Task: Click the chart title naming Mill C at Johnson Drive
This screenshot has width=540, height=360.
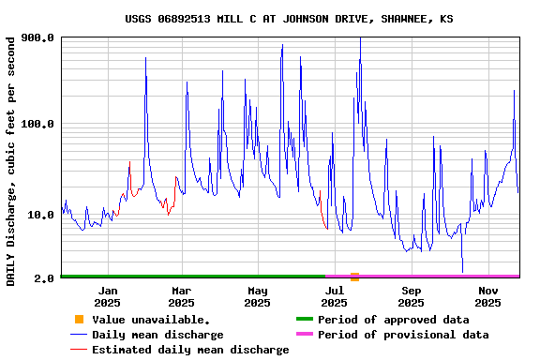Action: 289,19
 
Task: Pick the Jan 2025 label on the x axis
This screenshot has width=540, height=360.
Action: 107,296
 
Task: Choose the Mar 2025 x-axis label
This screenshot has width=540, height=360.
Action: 182,296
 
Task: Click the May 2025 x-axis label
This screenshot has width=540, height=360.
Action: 258,296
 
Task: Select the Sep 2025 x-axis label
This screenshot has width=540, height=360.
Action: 411,296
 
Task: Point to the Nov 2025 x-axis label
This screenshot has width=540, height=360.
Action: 487,296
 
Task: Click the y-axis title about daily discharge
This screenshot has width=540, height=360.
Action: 10,161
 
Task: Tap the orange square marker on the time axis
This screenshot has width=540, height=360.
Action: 354,277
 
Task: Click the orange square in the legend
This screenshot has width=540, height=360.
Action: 79,320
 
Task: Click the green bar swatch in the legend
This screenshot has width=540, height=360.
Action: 304,320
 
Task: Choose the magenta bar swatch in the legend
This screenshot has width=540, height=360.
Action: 304,335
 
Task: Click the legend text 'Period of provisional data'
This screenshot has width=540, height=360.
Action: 403,335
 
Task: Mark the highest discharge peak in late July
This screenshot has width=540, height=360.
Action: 360,39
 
